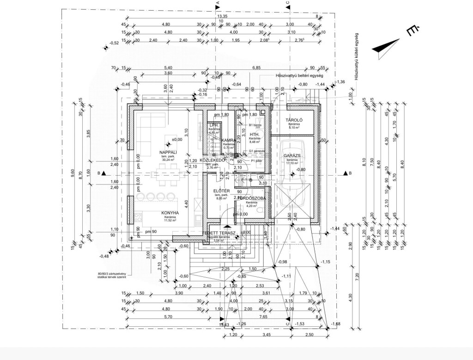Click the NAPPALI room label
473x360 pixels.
(x=168, y=152)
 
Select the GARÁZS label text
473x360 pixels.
(x=292, y=156)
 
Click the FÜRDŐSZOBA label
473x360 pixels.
(x=251, y=198)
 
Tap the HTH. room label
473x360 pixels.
(x=255, y=134)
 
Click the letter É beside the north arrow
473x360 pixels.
(x=412, y=31)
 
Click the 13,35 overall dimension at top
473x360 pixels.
(x=223, y=15)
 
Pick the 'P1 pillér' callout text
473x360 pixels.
(x=257, y=161)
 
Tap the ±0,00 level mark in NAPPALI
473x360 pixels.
(x=176, y=139)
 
